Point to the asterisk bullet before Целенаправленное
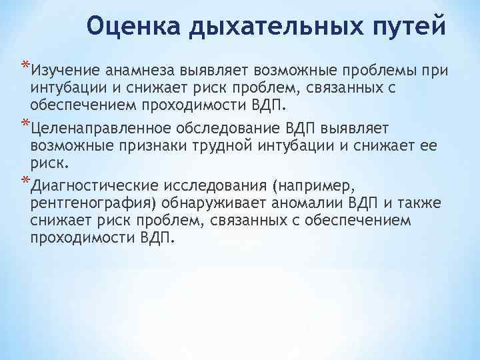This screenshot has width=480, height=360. [25, 124]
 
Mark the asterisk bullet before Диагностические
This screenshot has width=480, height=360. [25, 180]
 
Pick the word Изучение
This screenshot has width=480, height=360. [63, 71]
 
